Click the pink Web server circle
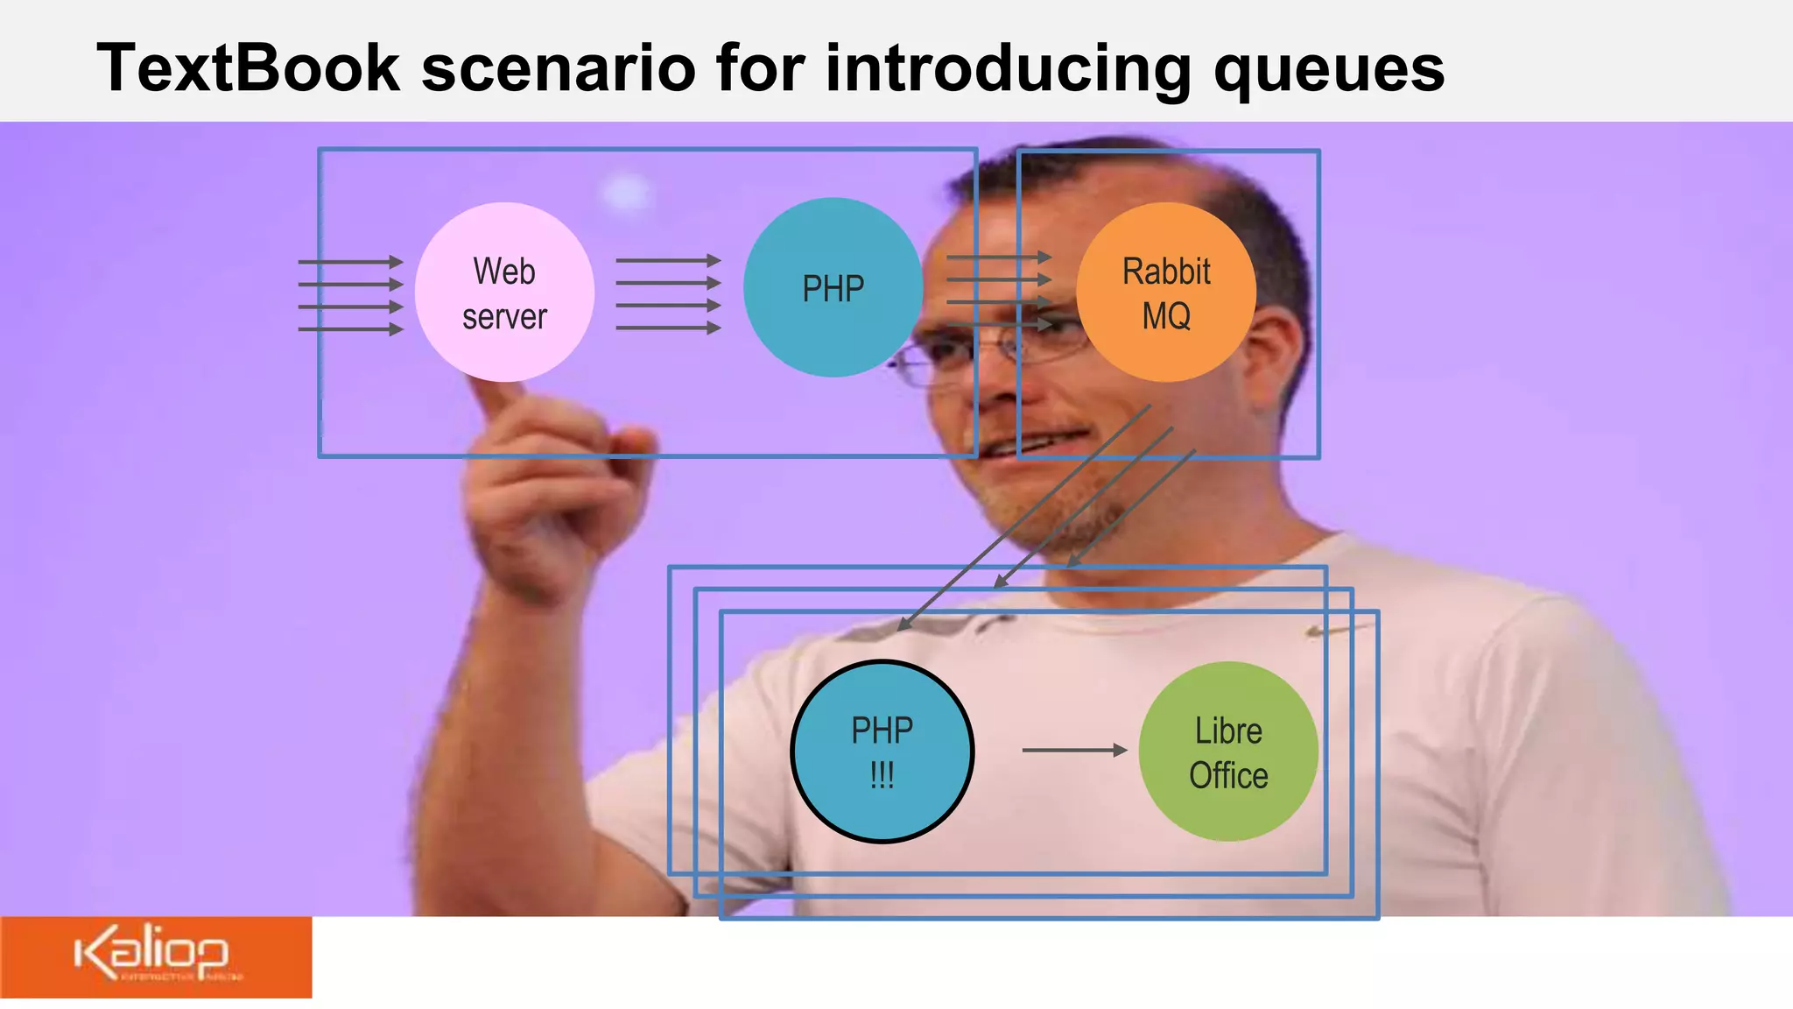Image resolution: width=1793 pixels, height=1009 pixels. [504, 293]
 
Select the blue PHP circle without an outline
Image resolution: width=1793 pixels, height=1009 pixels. [833, 288]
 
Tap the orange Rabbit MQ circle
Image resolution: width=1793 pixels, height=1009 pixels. [1166, 293]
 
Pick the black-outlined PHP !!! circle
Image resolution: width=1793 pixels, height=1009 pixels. [882, 751]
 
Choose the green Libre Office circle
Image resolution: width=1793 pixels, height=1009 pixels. [1228, 751]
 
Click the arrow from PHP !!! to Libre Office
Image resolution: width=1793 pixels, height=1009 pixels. [1074, 750]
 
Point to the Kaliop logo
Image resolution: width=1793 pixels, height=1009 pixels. [154, 956]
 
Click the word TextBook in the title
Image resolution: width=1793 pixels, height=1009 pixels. [248, 68]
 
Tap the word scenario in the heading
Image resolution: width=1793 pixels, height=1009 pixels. [558, 68]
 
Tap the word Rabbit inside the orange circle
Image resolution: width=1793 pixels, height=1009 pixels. [1166, 272]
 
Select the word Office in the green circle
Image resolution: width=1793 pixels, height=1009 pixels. [1228, 775]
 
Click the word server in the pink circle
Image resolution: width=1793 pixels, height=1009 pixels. [504, 316]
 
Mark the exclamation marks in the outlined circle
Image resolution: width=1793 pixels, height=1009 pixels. [882, 775]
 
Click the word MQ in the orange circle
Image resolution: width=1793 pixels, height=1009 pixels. [1166, 316]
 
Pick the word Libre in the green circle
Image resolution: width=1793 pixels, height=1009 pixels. [1228, 730]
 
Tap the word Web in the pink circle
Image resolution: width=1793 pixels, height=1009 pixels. [504, 272]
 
